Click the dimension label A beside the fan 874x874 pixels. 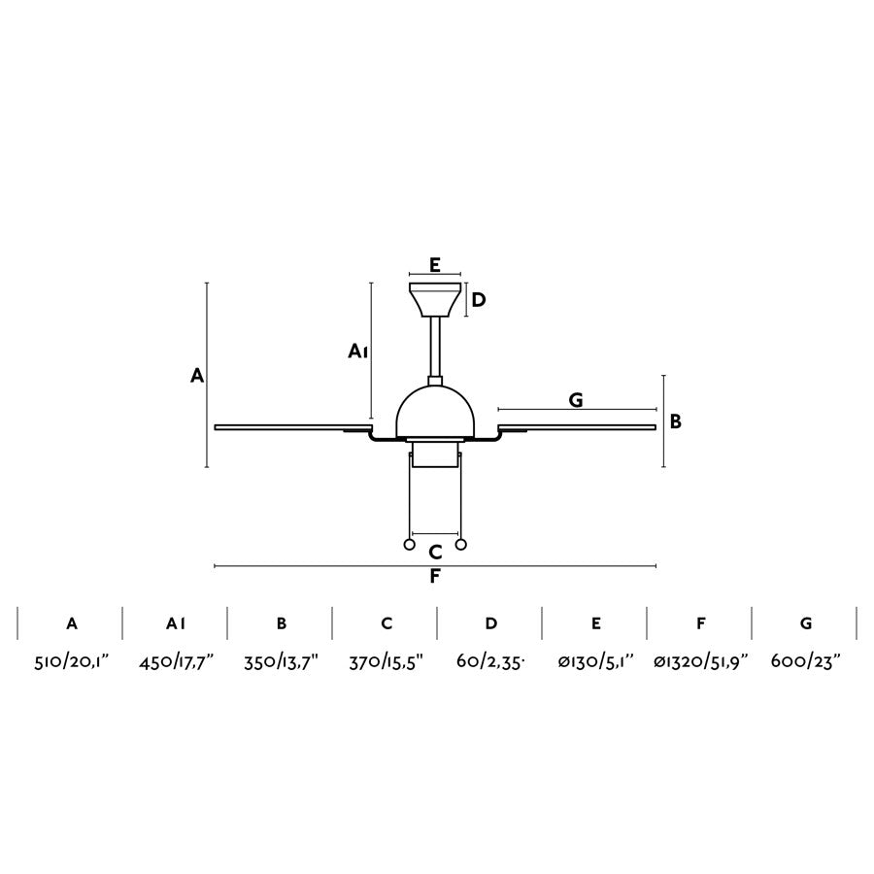click(197, 376)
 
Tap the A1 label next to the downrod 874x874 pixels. click(357, 352)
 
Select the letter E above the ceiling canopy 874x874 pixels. click(435, 264)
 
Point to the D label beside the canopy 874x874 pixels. click(478, 300)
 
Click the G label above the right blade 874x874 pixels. click(576, 399)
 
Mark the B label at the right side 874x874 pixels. click(676, 421)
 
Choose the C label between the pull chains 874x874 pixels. click(435, 553)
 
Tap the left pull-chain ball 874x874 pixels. click(410, 544)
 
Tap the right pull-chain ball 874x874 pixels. click(461, 544)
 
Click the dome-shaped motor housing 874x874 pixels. click(435, 413)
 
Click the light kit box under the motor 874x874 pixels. click(435, 455)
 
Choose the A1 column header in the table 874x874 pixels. click(176, 623)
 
